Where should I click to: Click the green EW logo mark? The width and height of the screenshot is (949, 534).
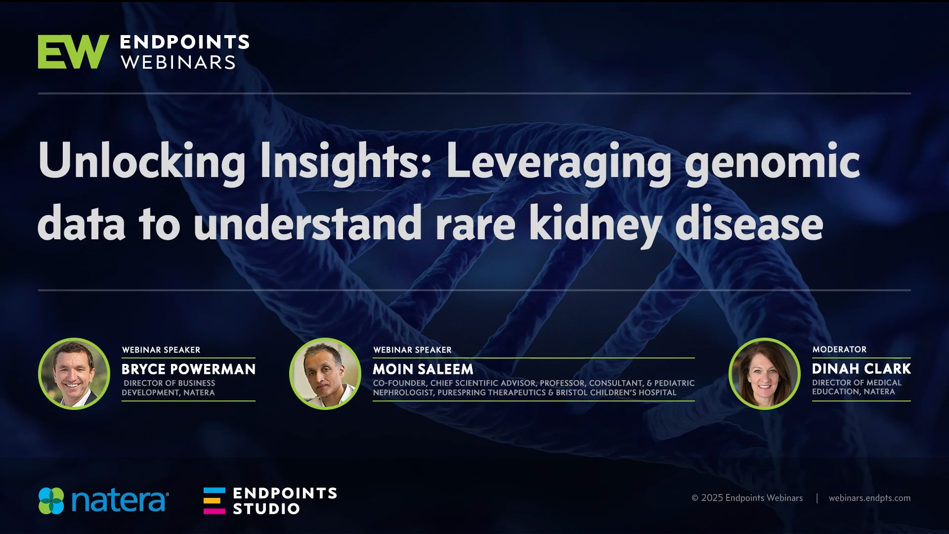(73, 51)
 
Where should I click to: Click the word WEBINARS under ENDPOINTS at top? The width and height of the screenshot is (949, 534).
(178, 63)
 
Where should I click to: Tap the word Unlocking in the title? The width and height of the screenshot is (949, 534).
(142, 161)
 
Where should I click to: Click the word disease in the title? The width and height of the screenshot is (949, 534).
(749, 223)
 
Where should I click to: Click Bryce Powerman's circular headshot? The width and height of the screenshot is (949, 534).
(74, 374)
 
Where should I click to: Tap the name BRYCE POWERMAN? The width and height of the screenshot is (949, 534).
(189, 369)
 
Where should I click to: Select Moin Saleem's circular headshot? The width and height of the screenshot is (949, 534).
(325, 374)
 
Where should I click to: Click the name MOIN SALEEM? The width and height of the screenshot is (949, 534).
(423, 369)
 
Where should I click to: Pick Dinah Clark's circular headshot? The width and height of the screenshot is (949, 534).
(765, 374)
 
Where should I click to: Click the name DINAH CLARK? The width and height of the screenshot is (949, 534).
(862, 369)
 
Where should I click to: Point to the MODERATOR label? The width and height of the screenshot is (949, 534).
(839, 350)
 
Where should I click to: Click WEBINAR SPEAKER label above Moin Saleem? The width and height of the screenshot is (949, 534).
(412, 350)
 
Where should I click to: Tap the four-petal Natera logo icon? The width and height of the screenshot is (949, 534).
(51, 501)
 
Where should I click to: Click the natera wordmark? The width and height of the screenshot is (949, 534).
(120, 501)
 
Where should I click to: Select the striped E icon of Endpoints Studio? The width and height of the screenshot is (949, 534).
(215, 501)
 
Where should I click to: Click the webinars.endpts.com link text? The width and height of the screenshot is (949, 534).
(870, 498)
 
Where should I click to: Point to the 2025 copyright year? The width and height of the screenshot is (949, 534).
(712, 498)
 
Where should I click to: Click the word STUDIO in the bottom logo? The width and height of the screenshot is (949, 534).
(266, 509)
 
